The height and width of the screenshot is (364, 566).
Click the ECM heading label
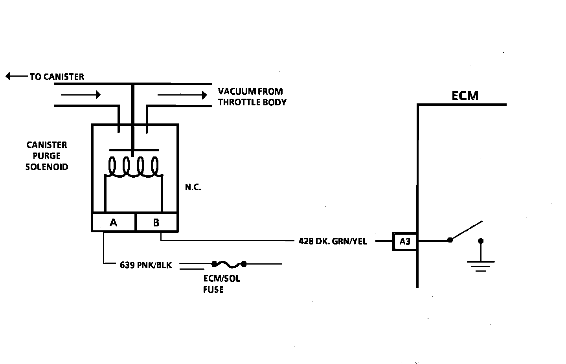click(465, 96)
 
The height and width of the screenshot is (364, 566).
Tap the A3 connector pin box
click(405, 241)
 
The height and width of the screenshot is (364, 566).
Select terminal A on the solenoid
click(114, 222)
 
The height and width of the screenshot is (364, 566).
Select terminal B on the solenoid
click(156, 222)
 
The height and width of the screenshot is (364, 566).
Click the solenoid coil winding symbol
click(134, 167)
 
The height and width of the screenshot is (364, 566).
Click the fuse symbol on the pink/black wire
click(229, 264)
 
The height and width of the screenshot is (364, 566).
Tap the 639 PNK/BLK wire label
click(146, 265)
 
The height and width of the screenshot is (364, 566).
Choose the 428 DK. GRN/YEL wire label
click(333, 241)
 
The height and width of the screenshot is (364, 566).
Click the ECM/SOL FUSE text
click(221, 284)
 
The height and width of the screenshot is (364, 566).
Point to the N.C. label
click(193, 188)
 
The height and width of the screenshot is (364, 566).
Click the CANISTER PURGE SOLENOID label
click(47, 156)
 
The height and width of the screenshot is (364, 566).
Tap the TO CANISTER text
click(57, 77)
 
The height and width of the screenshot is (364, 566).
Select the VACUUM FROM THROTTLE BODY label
click(252, 97)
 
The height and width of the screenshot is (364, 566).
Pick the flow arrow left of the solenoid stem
click(81, 95)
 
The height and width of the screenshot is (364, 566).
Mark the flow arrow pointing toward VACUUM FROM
click(182, 95)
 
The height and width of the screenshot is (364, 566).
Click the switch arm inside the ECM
click(467, 230)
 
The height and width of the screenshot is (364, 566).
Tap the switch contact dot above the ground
click(480, 241)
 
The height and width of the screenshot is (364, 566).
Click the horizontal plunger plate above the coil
click(134, 150)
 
